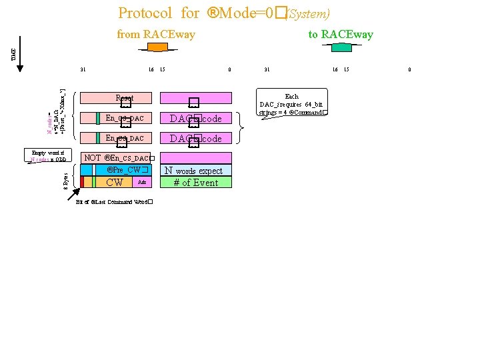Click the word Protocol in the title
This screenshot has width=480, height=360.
coord(145,13)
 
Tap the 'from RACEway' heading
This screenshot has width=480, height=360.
coord(156,34)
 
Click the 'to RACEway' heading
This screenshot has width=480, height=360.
coord(341,34)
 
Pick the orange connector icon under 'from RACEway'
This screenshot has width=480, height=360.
coord(157,47)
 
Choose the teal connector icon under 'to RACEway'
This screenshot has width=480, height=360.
coord(342,47)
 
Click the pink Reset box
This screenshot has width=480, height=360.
coord(124,98)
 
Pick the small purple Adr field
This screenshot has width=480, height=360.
coord(141,182)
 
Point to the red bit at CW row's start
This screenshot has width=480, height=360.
coord(82,182)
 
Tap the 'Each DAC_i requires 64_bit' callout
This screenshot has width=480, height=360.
coord(292,104)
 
